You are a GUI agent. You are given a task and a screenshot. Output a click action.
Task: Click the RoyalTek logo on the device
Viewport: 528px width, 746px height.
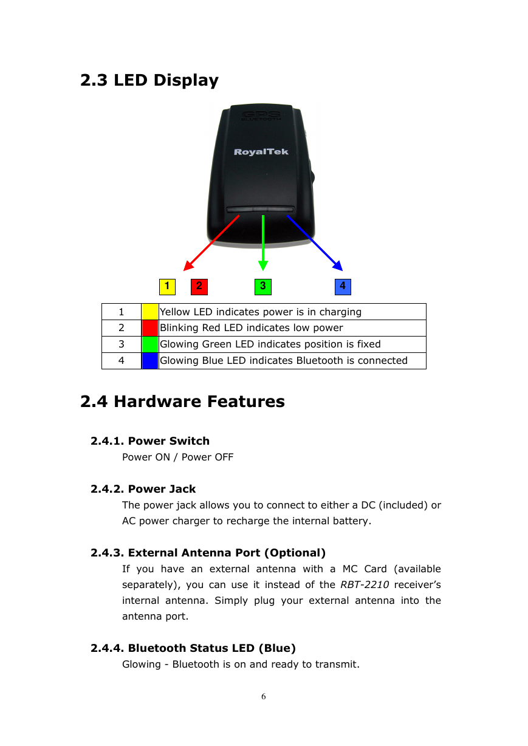[x=261, y=152]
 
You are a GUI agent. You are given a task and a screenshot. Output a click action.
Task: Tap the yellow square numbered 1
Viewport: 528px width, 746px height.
[x=167, y=287]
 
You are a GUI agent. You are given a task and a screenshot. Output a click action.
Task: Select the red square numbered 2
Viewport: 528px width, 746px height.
[x=199, y=287]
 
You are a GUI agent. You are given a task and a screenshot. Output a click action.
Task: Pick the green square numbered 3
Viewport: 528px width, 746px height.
[x=263, y=287]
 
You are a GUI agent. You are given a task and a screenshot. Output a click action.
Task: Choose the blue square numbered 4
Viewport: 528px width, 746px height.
[x=343, y=287]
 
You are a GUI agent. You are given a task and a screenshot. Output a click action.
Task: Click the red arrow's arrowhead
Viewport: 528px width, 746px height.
[x=188, y=265]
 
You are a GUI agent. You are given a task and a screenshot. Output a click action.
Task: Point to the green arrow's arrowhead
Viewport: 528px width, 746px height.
[x=263, y=265]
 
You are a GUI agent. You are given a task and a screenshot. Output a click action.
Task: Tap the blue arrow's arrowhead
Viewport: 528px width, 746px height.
[x=338, y=265]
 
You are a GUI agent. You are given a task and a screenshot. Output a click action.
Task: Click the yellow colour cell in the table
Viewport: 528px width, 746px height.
[x=150, y=312]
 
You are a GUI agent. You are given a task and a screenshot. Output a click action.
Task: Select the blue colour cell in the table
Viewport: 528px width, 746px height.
[x=150, y=361]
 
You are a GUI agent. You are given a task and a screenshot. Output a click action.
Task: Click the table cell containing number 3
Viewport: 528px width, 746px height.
[x=122, y=344]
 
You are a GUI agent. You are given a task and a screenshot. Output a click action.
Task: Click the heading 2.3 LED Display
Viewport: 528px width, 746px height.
[x=149, y=81]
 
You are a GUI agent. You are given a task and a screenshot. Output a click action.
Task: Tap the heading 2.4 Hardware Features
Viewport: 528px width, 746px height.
[x=182, y=402]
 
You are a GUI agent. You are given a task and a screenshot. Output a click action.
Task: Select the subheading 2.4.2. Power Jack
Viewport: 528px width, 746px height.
[x=143, y=489]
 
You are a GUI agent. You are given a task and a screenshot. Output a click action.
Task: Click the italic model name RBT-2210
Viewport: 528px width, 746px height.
[x=365, y=585]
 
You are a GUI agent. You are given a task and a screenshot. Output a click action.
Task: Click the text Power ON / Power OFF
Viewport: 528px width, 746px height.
[x=177, y=457]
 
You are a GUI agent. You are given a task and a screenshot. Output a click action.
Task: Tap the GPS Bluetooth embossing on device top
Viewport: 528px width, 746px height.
[x=261, y=115]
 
